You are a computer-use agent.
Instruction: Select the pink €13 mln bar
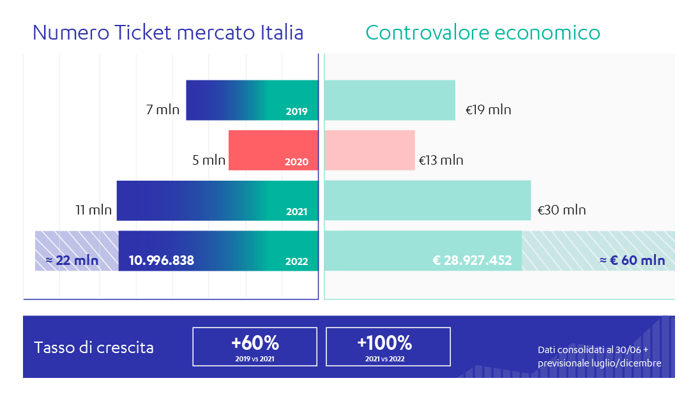[x=370, y=151]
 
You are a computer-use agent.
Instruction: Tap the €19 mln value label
[x=488, y=110]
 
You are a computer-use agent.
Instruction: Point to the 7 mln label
[x=163, y=110]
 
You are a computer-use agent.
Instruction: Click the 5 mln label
[x=209, y=160]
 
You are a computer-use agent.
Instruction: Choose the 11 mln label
[x=94, y=210]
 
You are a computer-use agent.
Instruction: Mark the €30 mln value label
[x=561, y=210]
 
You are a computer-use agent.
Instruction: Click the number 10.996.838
[x=162, y=260]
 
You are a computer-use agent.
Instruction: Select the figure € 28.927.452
[x=472, y=260]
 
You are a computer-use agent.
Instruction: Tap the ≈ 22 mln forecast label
[x=72, y=260]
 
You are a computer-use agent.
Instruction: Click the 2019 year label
[x=296, y=112]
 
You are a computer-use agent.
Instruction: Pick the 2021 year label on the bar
[x=296, y=212]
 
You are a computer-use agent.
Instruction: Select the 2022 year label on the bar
[x=296, y=261]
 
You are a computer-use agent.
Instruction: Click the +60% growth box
[x=255, y=347]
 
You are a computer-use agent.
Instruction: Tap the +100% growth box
[x=388, y=347]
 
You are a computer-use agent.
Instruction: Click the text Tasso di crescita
[x=93, y=348]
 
